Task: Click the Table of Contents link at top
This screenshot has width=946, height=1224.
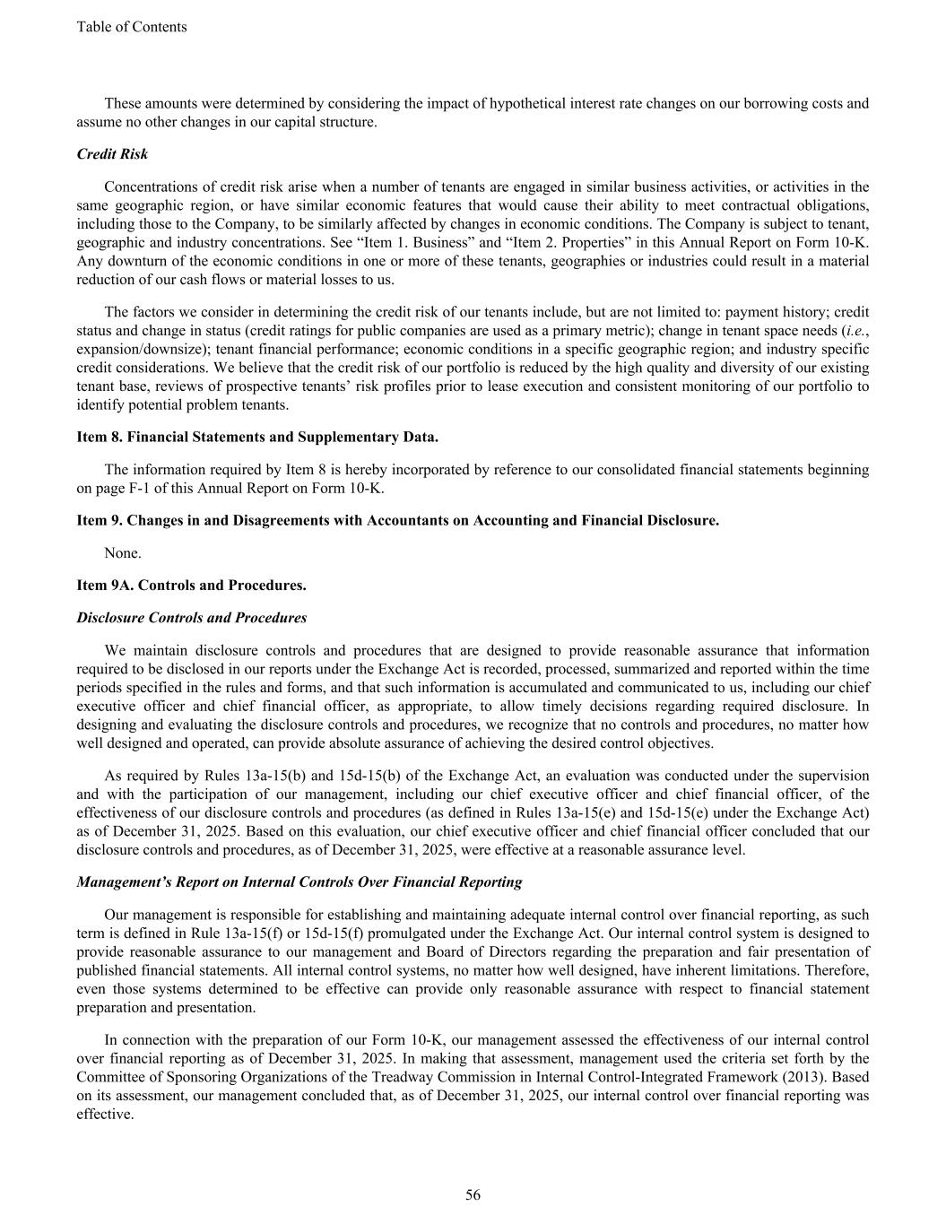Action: [132, 27]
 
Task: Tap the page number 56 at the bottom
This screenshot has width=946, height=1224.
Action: [473, 1194]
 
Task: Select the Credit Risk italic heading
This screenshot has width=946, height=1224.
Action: [112, 154]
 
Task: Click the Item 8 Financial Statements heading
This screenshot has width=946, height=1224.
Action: [257, 437]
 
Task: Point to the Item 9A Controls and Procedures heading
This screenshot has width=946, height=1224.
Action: [191, 585]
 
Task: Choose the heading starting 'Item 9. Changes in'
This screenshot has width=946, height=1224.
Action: [397, 520]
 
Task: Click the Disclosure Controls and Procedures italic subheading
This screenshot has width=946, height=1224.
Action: [191, 618]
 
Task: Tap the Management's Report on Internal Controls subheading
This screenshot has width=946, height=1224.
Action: [299, 881]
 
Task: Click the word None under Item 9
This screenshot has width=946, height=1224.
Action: [123, 552]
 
